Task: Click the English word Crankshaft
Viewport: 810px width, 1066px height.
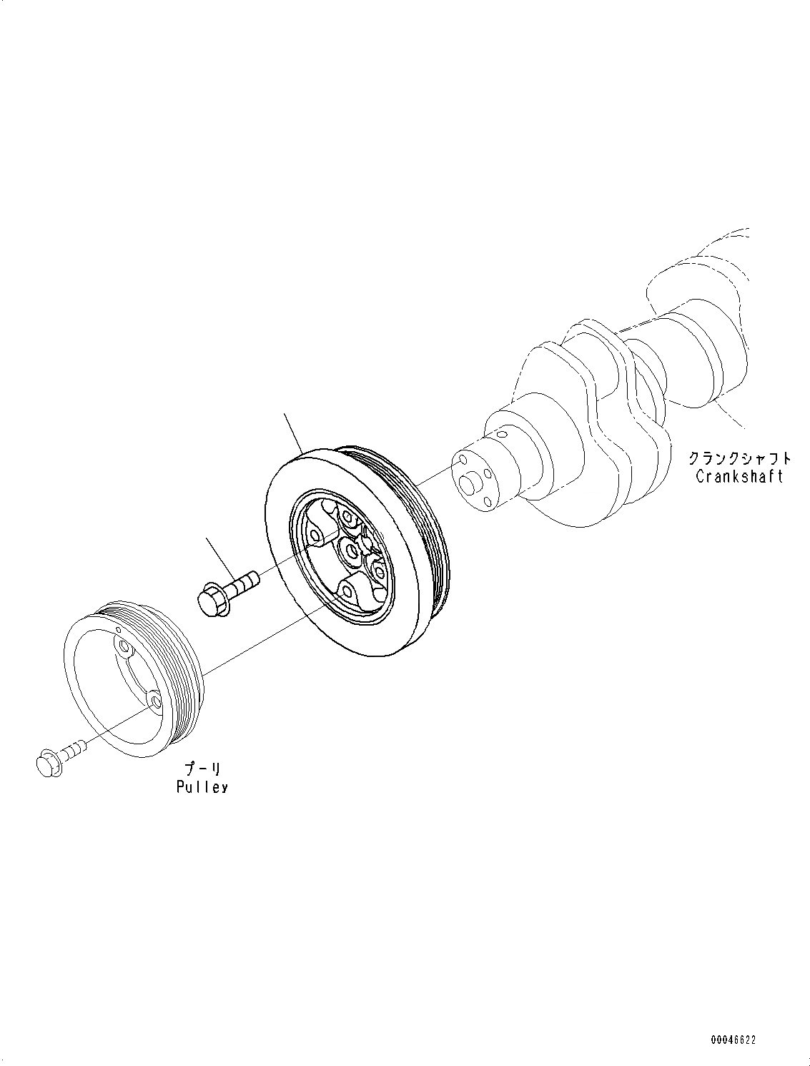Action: click(x=739, y=476)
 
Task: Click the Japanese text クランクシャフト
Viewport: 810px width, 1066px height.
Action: click(x=740, y=458)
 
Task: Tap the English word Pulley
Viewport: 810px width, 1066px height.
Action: click(x=202, y=786)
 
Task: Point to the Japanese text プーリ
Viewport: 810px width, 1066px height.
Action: click(x=203, y=769)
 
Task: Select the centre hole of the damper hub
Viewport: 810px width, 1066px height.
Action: click(x=350, y=549)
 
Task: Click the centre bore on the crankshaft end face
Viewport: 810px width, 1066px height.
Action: click(x=469, y=484)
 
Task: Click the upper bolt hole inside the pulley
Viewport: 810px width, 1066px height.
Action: click(x=125, y=648)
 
